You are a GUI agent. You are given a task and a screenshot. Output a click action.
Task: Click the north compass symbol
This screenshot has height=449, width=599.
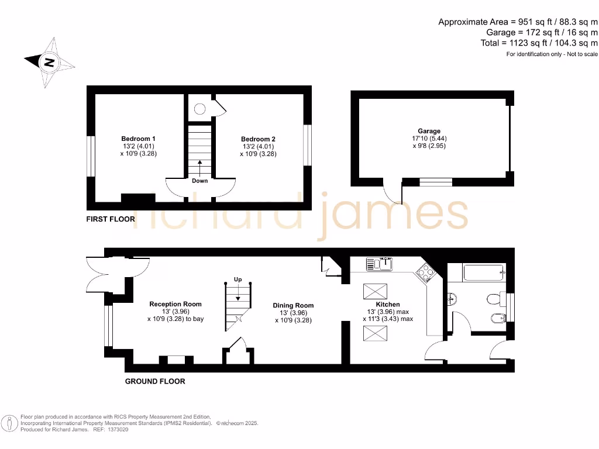tap(50, 61)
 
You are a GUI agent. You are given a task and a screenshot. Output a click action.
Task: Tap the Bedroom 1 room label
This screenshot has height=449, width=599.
tap(138, 139)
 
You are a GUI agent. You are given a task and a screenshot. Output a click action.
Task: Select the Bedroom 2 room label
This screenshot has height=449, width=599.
tap(258, 139)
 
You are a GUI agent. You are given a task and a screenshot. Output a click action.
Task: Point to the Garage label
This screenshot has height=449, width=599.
tap(429, 131)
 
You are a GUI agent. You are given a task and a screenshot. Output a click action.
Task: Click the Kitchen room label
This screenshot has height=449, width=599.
tap(388, 304)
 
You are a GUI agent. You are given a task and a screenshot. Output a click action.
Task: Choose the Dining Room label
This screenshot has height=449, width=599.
tap(293, 305)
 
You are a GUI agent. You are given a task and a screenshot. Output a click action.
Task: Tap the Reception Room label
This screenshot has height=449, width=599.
tap(175, 304)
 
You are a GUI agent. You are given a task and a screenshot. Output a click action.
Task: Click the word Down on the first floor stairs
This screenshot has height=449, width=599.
tap(200, 181)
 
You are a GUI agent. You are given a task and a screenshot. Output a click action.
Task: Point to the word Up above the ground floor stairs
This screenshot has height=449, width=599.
tap(237, 279)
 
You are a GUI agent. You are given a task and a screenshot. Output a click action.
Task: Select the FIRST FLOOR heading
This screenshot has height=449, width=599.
tap(111, 219)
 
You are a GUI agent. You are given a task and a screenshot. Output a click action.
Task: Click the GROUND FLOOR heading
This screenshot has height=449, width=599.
tap(155, 381)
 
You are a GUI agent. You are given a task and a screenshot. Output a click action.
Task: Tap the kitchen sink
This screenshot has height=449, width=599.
tap(380, 264)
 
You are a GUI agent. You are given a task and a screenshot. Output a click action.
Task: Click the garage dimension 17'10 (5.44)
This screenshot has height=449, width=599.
tap(429, 139)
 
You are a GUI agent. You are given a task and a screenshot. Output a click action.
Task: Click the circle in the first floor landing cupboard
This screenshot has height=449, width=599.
tap(199, 108)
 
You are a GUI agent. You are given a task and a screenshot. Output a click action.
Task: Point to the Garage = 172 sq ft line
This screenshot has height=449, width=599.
tap(542, 32)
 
